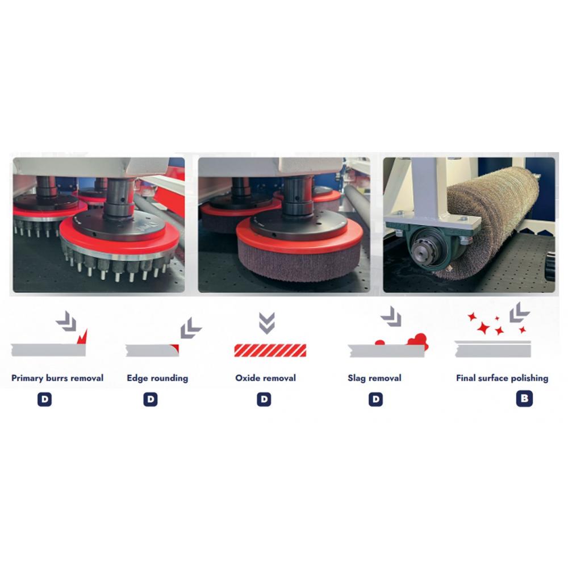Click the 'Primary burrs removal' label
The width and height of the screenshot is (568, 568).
point(57,378)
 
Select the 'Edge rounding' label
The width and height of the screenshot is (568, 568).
point(157,378)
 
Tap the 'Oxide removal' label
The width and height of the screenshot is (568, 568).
point(265,378)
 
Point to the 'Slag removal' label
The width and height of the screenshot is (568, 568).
point(374,378)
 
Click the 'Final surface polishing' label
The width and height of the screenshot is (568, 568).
point(502,378)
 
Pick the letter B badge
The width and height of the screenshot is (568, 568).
point(524,399)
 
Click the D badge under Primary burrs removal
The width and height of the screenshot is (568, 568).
point(44,399)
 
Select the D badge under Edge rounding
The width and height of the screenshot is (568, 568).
point(151,399)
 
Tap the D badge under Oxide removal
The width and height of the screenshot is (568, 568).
point(264,399)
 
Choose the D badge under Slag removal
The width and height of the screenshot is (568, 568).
point(375,399)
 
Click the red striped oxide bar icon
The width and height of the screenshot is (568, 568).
point(270,350)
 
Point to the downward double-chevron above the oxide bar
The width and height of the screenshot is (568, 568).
point(267,323)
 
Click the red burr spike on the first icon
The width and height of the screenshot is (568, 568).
point(83,337)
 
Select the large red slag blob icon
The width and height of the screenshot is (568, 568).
point(418,341)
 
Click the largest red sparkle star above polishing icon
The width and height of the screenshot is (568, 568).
point(483,328)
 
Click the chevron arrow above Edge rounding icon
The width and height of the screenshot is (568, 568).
point(190,328)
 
